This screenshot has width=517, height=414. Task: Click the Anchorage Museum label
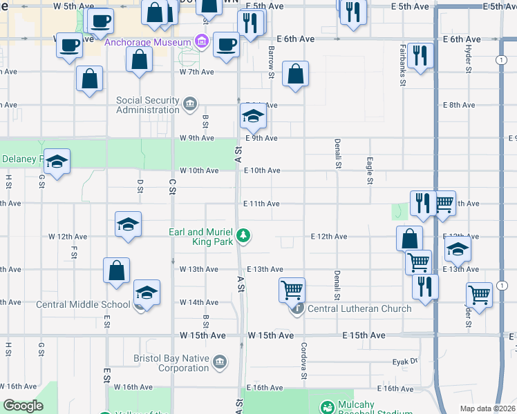pyautogui.click(x=149, y=43)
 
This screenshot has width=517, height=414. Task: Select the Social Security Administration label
pyautogui.click(x=148, y=105)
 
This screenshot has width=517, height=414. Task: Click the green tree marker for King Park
pyautogui.click(x=243, y=237)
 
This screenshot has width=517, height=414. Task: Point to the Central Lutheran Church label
pyautogui.click(x=359, y=308)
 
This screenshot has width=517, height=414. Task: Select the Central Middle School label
pyautogui.click(x=83, y=304)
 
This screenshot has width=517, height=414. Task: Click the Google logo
pyautogui.click(x=23, y=406)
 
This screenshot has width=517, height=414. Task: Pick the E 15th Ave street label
pyautogui.click(x=364, y=335)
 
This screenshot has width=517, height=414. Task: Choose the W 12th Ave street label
pyautogui.click(x=68, y=236)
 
